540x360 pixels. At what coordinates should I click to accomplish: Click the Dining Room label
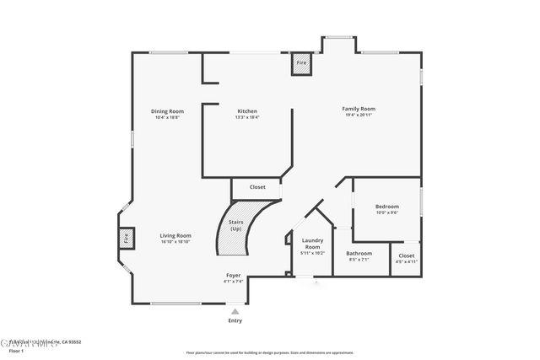pos(168,111)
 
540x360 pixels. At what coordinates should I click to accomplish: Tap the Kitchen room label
pos(247,111)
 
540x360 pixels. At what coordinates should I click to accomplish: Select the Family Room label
pos(359,109)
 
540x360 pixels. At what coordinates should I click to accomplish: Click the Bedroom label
pos(387,207)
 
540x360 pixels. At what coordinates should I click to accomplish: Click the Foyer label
pos(234,276)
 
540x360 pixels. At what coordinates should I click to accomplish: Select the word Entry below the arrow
pos(235,321)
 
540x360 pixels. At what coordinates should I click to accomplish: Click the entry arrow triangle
pos(235,310)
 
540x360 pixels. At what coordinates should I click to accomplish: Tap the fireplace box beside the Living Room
pos(127,239)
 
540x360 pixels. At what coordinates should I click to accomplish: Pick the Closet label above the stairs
pos(257,187)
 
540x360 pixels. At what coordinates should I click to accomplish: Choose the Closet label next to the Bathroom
pos(407,255)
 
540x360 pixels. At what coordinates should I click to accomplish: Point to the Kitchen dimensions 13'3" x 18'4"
pos(247,117)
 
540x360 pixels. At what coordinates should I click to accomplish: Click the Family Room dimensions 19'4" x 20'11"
pos(359,115)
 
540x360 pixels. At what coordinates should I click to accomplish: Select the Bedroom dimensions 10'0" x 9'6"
pos(387,212)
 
